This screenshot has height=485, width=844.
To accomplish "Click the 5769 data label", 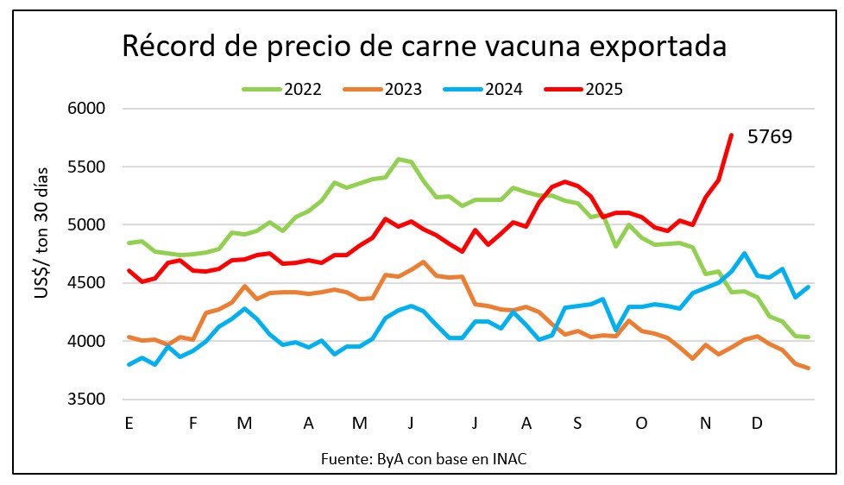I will click(x=770, y=136).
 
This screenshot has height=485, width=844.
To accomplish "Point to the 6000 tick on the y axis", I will click(x=86, y=109).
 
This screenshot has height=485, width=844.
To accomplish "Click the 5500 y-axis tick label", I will click(x=86, y=167).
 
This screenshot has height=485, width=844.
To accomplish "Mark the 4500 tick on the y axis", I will click(x=86, y=283).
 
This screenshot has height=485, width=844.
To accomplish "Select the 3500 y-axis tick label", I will click(x=86, y=400).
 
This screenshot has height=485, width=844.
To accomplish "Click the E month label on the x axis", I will click(x=129, y=424).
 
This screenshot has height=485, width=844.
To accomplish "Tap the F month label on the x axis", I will click(x=193, y=424).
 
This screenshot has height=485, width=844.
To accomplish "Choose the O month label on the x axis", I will click(x=640, y=424).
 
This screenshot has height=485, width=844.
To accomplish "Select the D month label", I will click(x=757, y=424).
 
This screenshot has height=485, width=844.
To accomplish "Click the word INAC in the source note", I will click(x=509, y=459).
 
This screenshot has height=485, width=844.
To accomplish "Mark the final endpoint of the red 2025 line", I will click(x=731, y=135).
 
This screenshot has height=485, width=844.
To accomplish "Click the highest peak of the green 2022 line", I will click(x=398, y=159).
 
